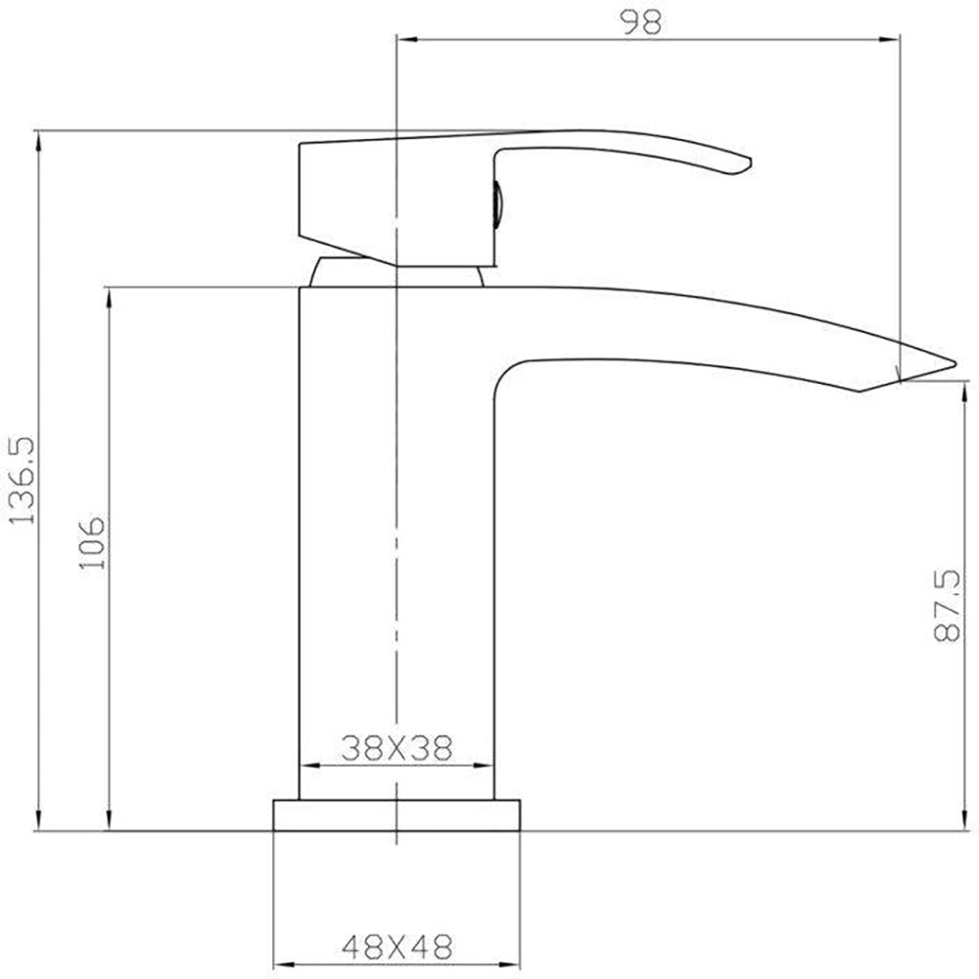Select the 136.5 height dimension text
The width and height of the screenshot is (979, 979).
click(x=23, y=481)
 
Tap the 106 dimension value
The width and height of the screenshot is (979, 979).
click(x=92, y=542)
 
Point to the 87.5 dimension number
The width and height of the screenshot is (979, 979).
click(x=946, y=604)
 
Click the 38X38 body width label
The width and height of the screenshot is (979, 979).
click(x=396, y=747)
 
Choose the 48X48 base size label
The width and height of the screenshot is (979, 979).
click(x=396, y=947)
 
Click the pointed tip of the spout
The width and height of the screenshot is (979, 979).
click(x=955, y=363)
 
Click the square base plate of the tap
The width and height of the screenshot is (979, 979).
click(x=396, y=815)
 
